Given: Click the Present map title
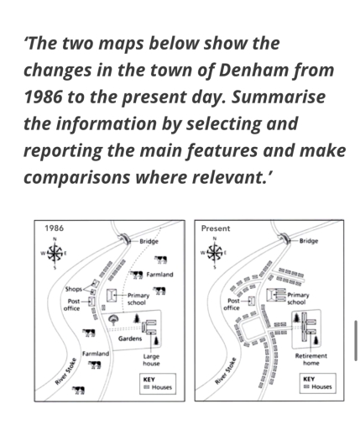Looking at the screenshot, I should (216, 228).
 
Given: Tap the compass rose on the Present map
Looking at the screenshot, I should (215, 252).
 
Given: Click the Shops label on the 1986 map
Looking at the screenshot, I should (74, 289).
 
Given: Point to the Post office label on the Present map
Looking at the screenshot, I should (232, 304).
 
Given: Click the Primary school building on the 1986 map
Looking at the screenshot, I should (111, 297).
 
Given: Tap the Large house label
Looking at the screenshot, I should (151, 359).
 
